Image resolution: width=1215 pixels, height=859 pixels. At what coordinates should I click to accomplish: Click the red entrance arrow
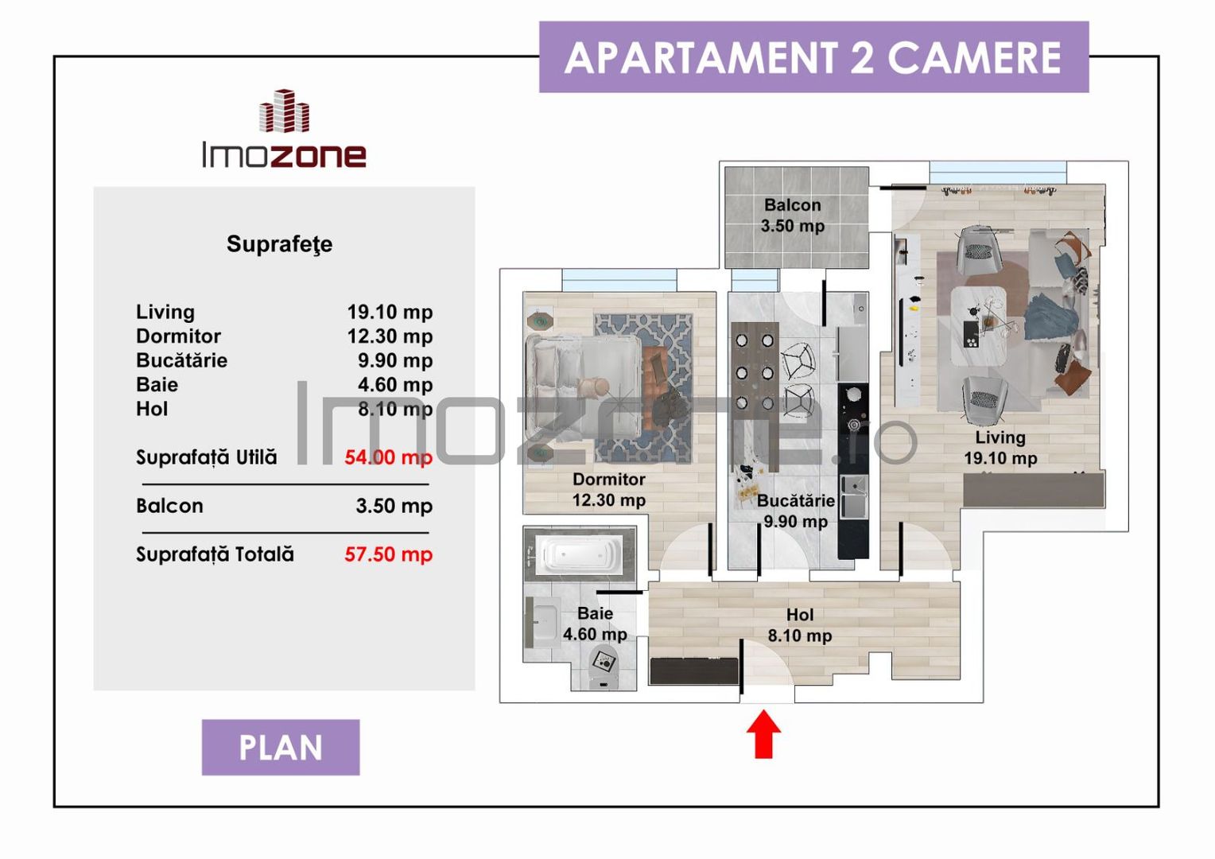pyautogui.click(x=763, y=734)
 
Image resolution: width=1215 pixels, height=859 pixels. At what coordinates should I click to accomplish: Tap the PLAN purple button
pyautogui.click(x=281, y=748)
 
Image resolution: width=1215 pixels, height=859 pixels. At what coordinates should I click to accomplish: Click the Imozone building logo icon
pyautogui.click(x=284, y=111)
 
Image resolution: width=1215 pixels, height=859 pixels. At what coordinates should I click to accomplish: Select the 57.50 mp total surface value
pyautogui.click(x=388, y=554)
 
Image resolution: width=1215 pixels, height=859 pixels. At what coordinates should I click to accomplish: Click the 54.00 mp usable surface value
pyautogui.click(x=388, y=457)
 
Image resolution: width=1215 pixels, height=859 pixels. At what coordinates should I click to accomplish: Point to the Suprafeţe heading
pyautogui.click(x=279, y=243)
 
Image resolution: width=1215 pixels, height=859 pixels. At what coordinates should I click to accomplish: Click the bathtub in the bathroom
pyautogui.click(x=579, y=554)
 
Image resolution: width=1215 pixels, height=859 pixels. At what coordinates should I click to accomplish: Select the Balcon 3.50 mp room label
pyautogui.click(x=792, y=216)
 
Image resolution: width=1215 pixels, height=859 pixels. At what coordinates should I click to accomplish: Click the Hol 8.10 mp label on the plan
pyautogui.click(x=799, y=625)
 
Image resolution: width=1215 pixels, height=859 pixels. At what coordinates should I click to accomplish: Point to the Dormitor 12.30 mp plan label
pyautogui.click(x=609, y=489)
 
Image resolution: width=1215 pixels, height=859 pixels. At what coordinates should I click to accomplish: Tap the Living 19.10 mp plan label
pyautogui.click(x=1000, y=447)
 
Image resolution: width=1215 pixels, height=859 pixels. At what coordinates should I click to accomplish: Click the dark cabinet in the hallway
pyautogui.click(x=693, y=670)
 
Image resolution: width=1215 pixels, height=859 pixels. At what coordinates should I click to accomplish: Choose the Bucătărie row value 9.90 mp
pyautogui.click(x=394, y=360)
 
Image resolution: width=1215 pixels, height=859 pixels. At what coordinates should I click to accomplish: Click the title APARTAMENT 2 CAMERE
pyautogui.click(x=813, y=57)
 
